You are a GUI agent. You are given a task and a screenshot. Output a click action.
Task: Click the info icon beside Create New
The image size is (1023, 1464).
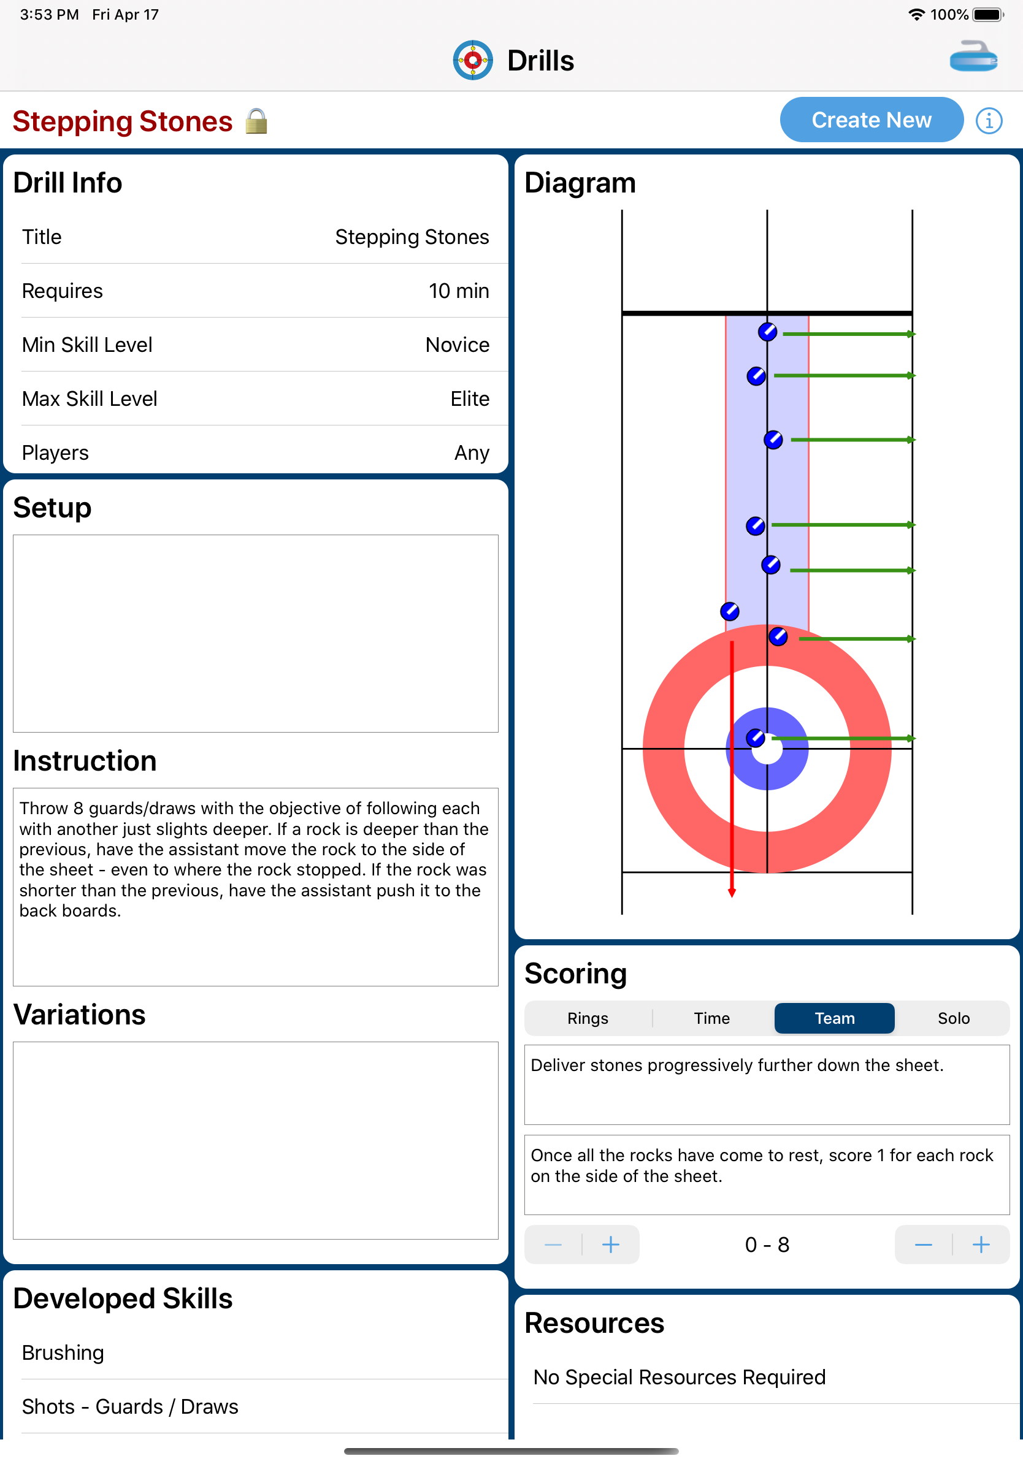point(989,121)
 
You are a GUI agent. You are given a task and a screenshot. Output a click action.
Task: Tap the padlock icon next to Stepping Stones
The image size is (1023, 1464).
point(256,121)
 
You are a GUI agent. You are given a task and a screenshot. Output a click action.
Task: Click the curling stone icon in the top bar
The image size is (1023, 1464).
point(973,58)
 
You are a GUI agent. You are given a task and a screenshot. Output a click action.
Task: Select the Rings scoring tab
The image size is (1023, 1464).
point(588,1018)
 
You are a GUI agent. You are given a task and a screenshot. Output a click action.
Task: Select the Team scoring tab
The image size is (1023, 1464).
point(834,1018)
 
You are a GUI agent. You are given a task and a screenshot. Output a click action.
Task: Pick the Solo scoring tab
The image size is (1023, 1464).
point(953,1018)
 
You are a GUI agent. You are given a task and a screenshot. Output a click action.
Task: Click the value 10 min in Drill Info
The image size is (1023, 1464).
point(459,291)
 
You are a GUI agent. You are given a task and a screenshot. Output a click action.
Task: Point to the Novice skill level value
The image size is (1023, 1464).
point(458,345)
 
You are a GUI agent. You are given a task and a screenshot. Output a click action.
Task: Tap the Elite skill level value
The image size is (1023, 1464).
point(470,399)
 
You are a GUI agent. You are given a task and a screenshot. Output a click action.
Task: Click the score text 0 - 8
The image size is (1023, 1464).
point(767,1245)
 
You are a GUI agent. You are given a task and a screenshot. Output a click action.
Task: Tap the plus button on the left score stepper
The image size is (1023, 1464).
point(610,1245)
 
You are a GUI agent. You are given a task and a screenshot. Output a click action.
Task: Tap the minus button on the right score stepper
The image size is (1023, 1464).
point(923,1245)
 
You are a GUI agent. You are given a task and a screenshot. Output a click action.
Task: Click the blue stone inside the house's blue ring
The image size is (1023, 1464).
point(755,738)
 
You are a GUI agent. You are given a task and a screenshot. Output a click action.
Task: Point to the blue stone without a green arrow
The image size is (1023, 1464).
point(730,611)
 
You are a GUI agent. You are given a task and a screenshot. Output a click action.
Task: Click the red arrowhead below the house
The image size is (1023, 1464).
point(732,893)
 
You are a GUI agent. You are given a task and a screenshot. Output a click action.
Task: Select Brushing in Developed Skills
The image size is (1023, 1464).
point(63,1353)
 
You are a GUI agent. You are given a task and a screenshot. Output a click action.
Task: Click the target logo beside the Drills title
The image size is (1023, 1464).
point(473,61)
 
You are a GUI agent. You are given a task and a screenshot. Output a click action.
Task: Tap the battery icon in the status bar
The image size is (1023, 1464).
point(987,15)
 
